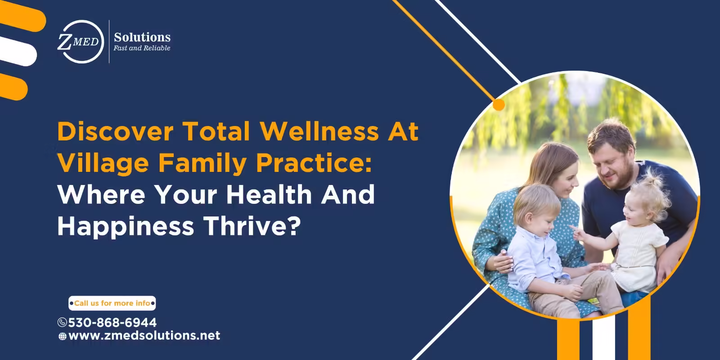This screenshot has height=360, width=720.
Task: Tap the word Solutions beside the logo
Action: [142, 37]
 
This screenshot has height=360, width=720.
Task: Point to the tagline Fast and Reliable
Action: [142, 48]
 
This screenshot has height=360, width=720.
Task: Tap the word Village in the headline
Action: [103, 163]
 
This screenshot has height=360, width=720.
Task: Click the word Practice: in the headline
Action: [314, 163]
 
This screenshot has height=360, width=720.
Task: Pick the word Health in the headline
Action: [269, 194]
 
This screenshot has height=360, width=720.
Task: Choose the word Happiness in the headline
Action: [126, 226]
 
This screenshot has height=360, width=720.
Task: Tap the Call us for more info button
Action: [112, 303]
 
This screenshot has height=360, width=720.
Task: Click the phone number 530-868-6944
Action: [112, 323]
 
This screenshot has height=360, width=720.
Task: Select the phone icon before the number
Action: [63, 323]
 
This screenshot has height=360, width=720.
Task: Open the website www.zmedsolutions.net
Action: [144, 336]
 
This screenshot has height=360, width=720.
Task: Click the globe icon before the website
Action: [63, 336]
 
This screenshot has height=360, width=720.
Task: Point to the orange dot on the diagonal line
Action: [499, 105]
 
